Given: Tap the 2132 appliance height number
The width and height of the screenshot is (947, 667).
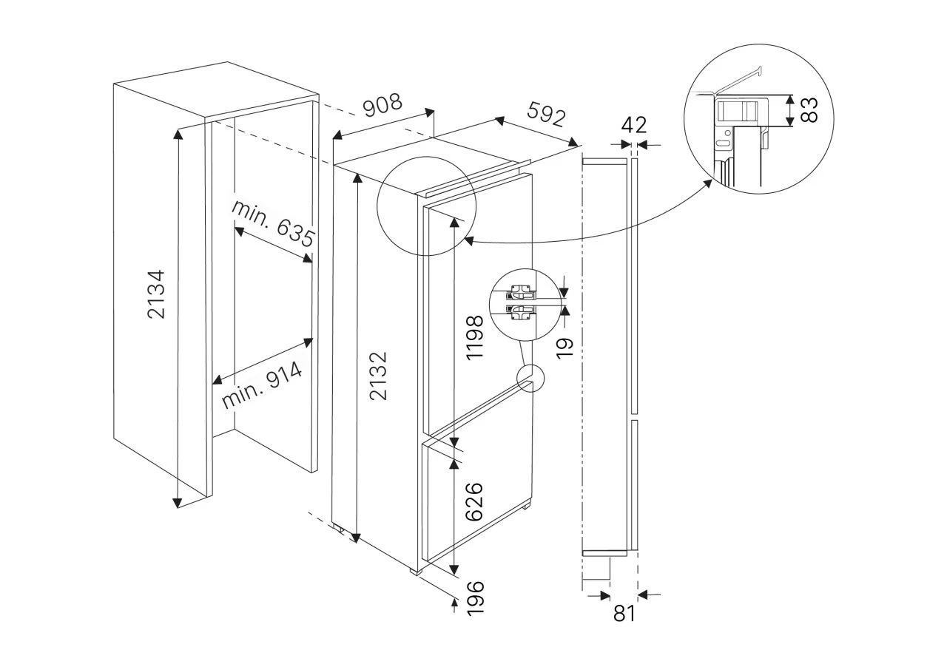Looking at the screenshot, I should click(379, 376).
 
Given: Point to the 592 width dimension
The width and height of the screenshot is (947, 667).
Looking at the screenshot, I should click(546, 114).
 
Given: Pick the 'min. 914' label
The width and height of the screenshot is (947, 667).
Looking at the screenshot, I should click(263, 386).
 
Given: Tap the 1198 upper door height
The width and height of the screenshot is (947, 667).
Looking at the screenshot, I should click(476, 337).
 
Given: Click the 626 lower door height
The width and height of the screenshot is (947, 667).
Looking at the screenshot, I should click(475, 502).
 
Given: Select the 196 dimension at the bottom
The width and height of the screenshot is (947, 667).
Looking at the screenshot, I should click(476, 597).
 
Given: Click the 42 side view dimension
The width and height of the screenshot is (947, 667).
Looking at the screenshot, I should click(634, 123).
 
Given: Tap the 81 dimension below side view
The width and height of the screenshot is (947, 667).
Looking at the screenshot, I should click(624, 613).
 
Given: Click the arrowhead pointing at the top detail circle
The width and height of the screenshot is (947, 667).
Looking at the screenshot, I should click(468, 240).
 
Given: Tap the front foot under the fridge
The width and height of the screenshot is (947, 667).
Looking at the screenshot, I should click(416, 571).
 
